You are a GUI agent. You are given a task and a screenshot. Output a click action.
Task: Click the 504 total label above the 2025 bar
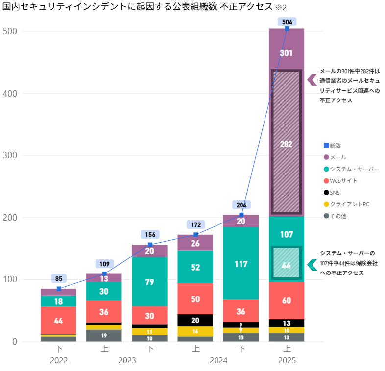[287, 22]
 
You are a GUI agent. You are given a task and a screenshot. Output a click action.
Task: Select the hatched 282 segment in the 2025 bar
[287, 143]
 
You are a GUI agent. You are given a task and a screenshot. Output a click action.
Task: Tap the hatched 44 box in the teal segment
[287, 265]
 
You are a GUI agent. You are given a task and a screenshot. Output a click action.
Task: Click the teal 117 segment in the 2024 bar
[241, 263]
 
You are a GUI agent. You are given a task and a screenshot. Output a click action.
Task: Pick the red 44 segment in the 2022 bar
[58, 321]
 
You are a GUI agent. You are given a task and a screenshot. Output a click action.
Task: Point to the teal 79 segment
[150, 282]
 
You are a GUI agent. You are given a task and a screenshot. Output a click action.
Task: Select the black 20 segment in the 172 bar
[195, 320]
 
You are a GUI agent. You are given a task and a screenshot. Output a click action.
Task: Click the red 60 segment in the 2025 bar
[287, 300]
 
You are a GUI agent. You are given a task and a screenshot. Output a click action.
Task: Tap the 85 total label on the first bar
[59, 279]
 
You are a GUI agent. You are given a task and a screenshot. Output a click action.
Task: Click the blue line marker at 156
[150, 245]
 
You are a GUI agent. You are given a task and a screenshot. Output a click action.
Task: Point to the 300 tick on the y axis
[10, 155]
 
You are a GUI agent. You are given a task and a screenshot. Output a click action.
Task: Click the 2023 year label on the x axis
[127, 360]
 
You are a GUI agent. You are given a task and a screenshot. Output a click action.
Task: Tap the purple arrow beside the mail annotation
[312, 79]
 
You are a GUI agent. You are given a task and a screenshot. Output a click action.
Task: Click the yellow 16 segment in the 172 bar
[195, 332]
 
